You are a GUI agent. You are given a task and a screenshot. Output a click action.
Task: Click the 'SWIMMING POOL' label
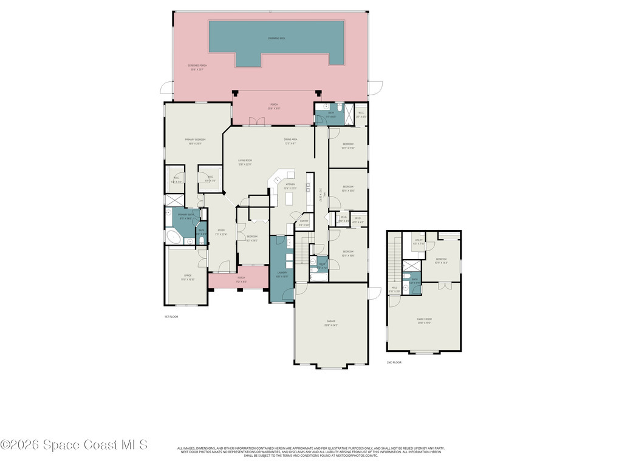(x=276, y=38)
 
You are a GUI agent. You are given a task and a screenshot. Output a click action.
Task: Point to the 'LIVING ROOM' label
(x=245, y=162)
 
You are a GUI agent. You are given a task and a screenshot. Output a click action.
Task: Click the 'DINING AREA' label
(x=290, y=140)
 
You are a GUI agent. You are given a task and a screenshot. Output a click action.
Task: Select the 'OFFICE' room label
(x=188, y=278)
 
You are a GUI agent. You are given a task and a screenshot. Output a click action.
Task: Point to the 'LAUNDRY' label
(x=282, y=274)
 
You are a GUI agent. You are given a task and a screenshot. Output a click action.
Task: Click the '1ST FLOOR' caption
(x=171, y=317)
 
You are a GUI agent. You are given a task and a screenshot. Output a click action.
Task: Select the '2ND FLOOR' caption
(x=394, y=362)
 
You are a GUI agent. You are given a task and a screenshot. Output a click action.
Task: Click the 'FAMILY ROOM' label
(x=424, y=320)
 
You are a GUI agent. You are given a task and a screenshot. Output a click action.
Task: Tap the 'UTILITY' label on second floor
(x=419, y=241)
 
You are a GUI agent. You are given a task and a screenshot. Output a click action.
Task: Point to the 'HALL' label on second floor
(x=394, y=289)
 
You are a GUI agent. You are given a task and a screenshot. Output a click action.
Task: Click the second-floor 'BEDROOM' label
(x=442, y=260)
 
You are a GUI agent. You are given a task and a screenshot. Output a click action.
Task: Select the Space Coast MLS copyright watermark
(x=74, y=445)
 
